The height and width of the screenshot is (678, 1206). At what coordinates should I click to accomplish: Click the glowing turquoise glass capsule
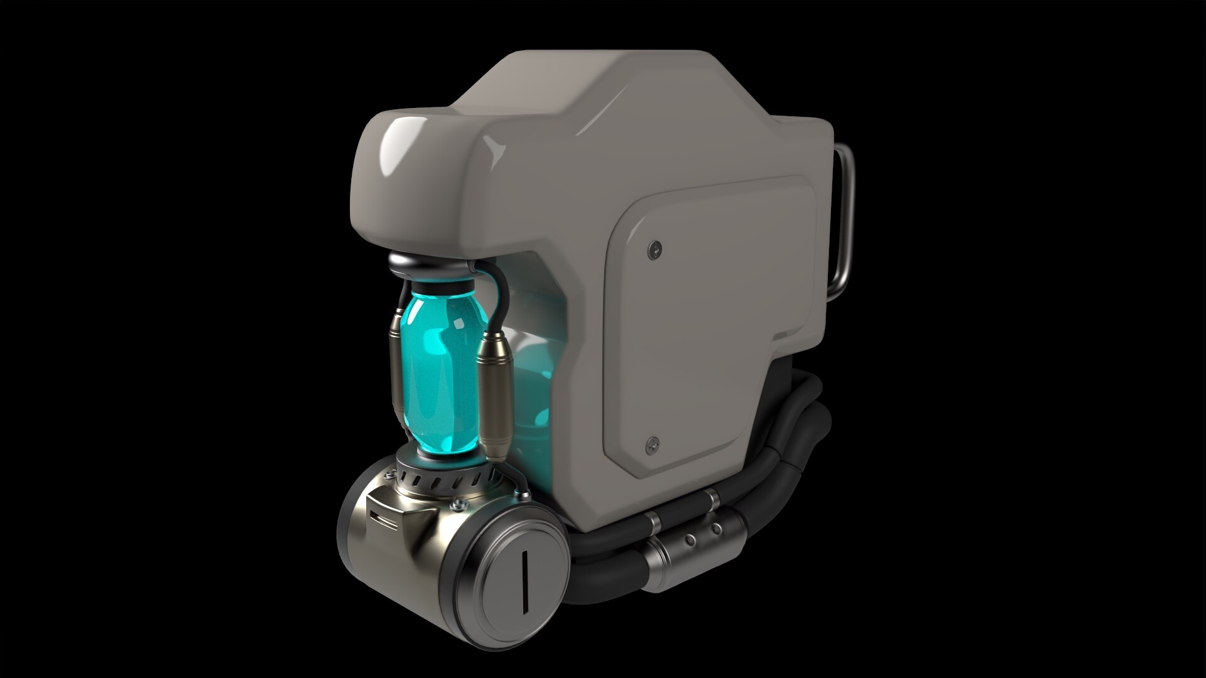point(440,370)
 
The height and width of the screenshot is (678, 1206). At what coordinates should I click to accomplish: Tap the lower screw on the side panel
point(653,444)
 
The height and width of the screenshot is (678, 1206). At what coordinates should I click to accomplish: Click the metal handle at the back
point(845,220)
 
